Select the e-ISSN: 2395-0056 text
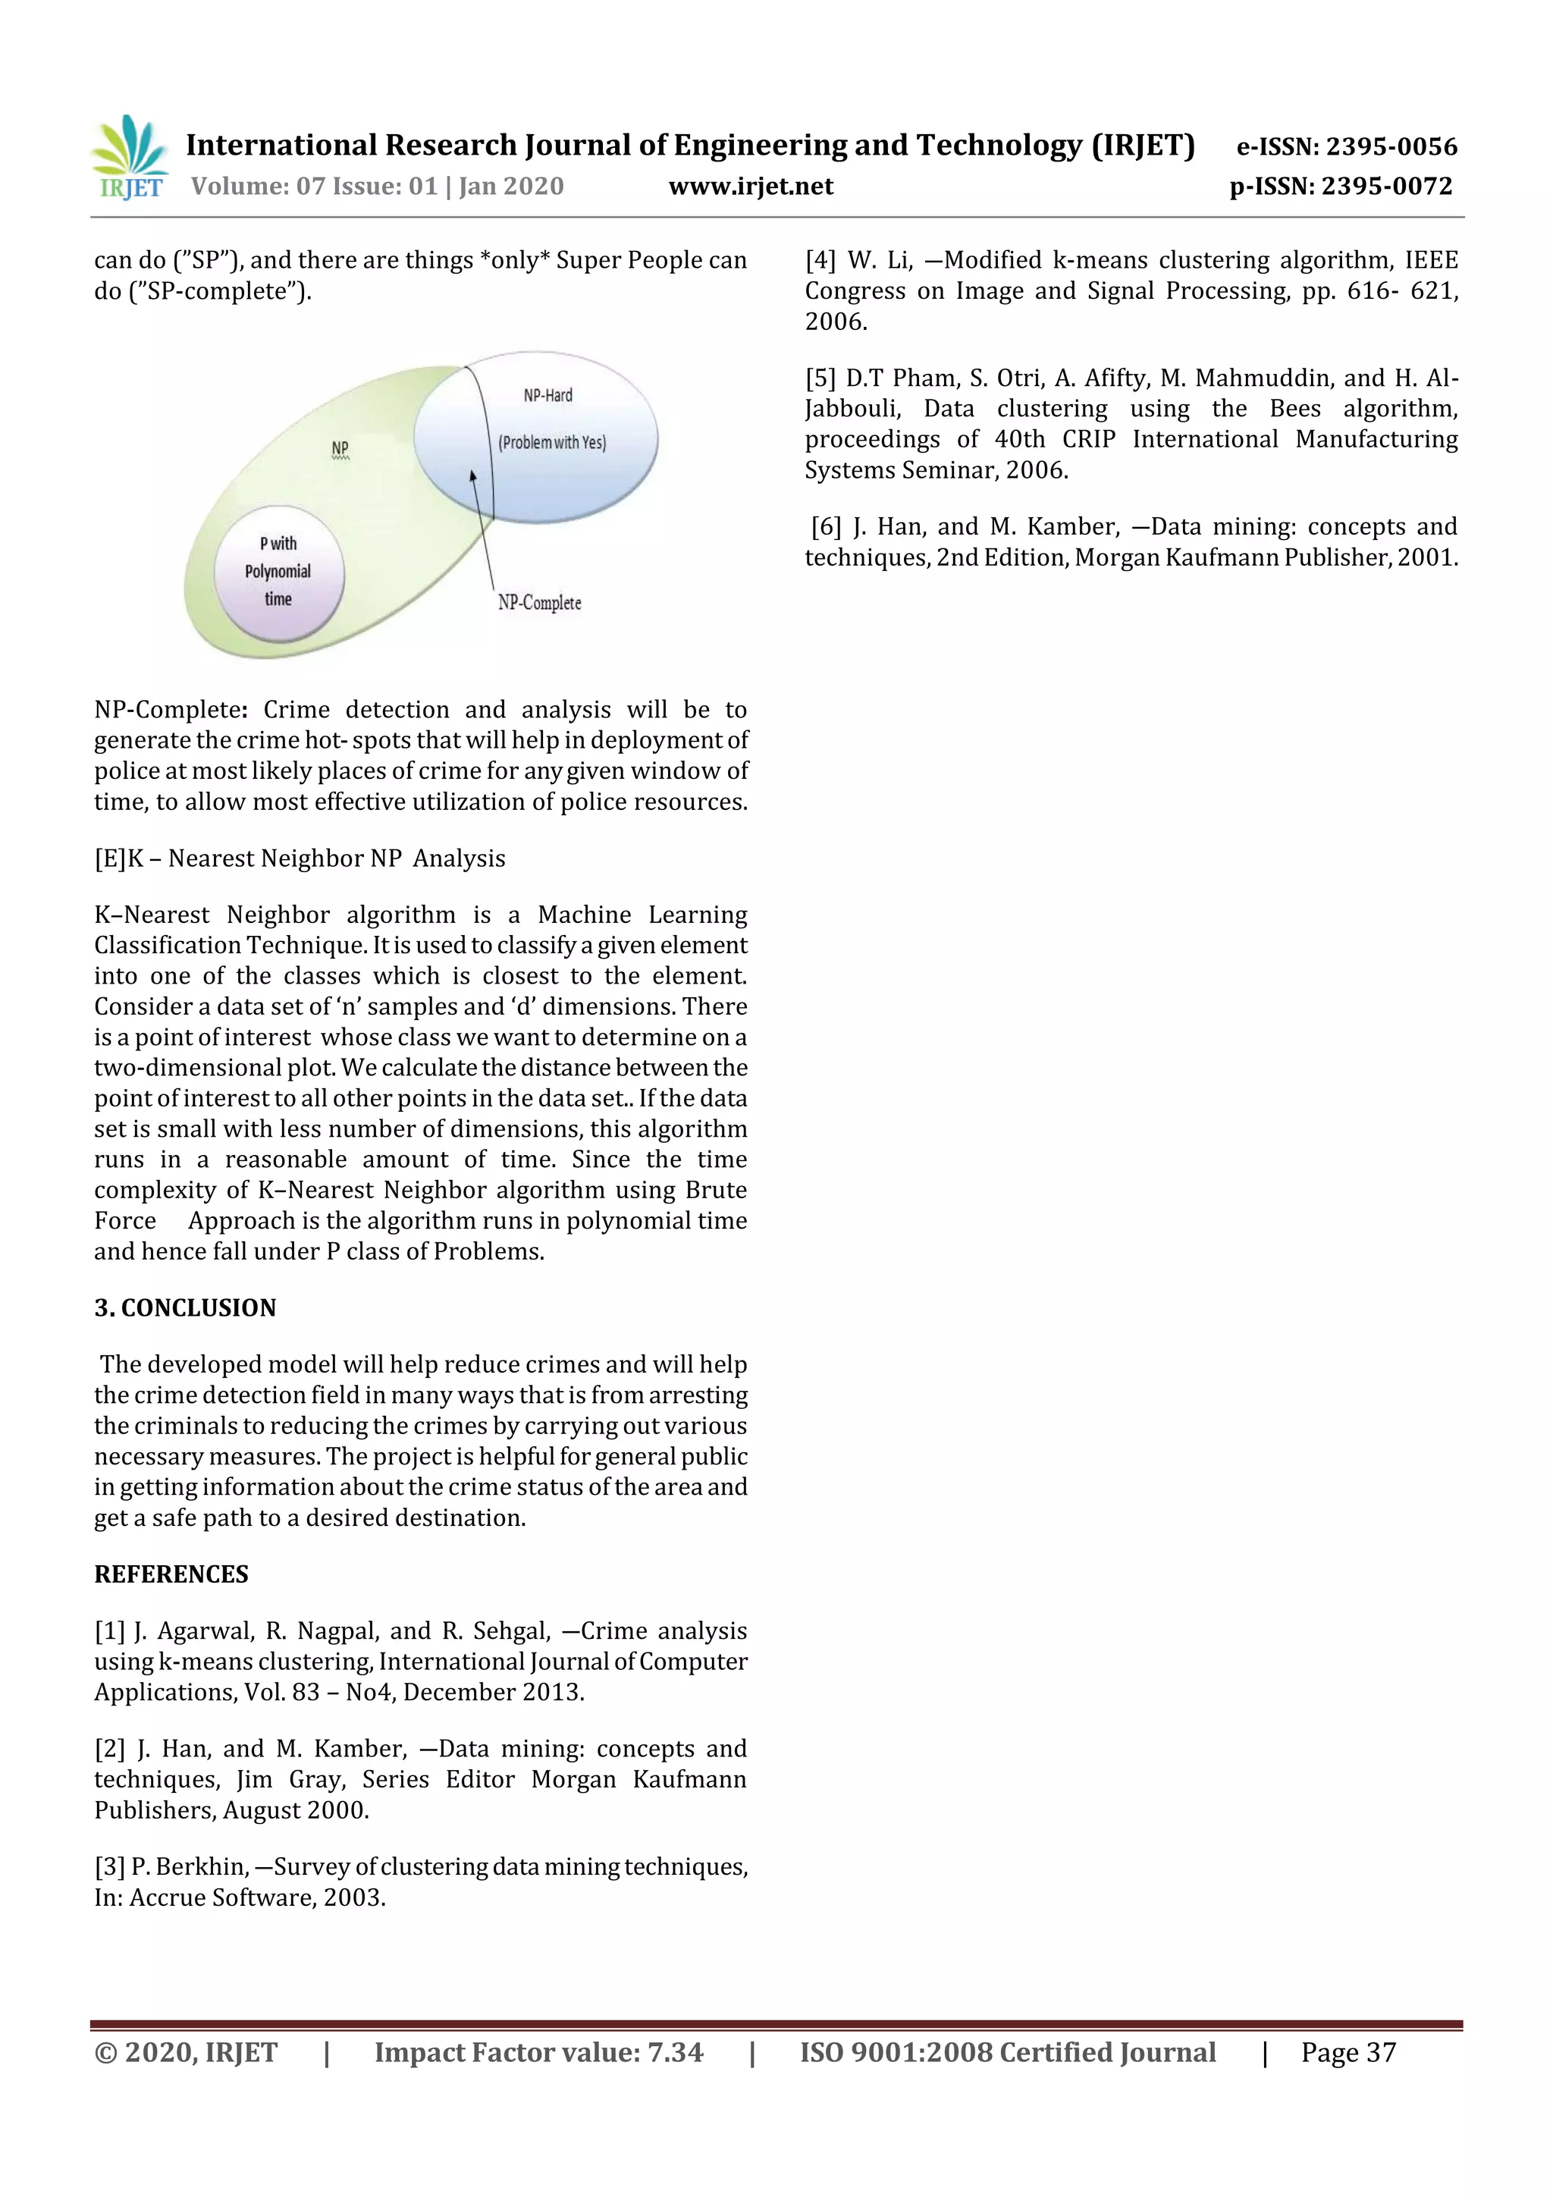click(1346, 146)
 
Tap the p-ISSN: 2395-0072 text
click(1341, 187)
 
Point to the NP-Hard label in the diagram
click(547, 395)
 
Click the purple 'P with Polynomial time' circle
click(278, 573)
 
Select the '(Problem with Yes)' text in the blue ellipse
click(552, 442)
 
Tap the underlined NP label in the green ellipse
click(340, 448)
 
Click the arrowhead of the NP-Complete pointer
click(472, 475)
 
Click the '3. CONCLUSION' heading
click(185, 1308)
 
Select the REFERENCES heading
click(171, 1574)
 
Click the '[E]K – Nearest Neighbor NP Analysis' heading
click(300, 858)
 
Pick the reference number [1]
click(109, 1631)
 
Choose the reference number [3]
click(109, 1867)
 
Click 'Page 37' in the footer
click(1348, 2052)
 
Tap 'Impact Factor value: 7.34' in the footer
click(538, 2052)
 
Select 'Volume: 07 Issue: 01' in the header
click(314, 187)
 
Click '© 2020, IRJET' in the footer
click(186, 2052)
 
